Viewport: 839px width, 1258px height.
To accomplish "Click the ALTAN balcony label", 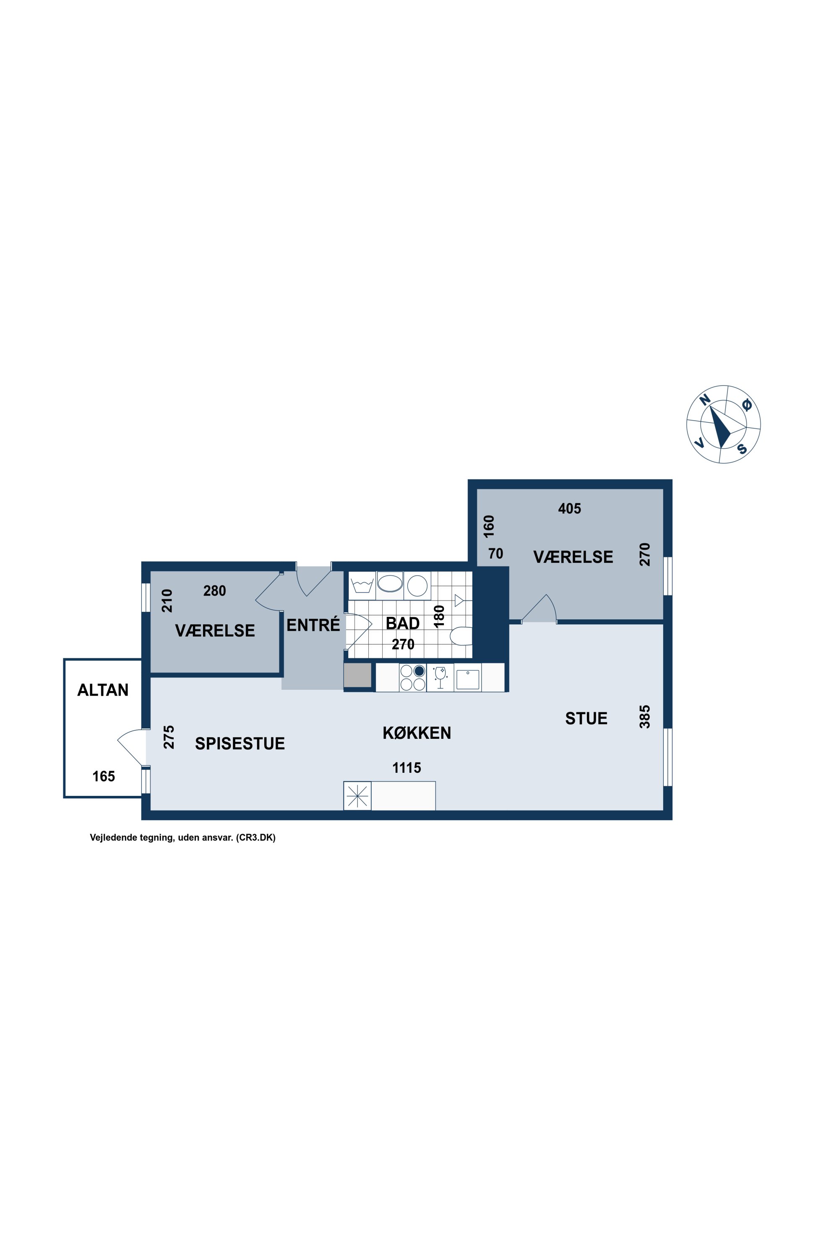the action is coord(103,690).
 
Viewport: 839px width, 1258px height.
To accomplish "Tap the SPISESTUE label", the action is coord(240,743).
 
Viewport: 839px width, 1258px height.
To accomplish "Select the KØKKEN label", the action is coord(417,732).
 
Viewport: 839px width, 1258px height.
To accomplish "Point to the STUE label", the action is coord(586,718).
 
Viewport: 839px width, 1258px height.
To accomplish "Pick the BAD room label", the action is coord(402,623).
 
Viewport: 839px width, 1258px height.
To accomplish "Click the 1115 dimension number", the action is coord(406,768).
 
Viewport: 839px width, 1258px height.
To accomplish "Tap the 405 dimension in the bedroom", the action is coord(569,508).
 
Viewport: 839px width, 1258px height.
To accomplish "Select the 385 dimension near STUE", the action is coord(645,717).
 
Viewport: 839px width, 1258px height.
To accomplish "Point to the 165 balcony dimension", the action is coord(104,776).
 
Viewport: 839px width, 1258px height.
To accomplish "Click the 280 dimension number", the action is coord(214,590).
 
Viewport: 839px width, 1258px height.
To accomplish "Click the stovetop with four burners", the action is coord(412,677).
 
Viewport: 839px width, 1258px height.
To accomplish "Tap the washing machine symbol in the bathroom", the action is coord(362,585).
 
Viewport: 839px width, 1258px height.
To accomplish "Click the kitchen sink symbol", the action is coord(468,678).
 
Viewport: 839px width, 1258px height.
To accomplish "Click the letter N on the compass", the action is coord(705,400).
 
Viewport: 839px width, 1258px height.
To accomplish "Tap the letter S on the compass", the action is coord(742,448).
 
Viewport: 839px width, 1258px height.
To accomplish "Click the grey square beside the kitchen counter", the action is coord(357,675).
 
